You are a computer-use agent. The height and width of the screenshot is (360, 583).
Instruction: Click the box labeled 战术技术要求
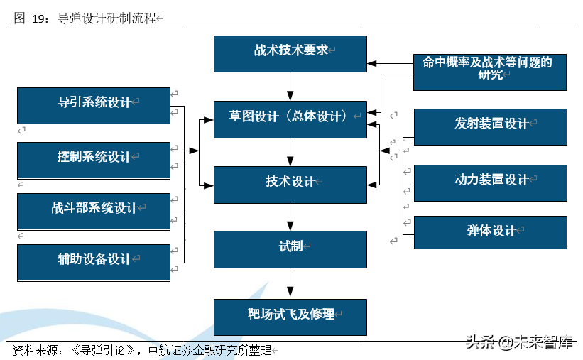click(290, 53)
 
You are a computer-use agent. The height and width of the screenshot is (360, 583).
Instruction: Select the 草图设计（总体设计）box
click(290, 119)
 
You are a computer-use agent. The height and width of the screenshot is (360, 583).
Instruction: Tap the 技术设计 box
click(290, 184)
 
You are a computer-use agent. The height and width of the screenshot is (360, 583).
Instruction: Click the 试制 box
click(290, 249)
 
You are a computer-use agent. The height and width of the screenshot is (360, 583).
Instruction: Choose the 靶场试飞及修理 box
click(290, 317)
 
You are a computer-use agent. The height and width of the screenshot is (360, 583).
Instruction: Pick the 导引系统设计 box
click(94, 105)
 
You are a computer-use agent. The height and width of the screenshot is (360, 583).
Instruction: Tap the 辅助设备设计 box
click(94, 262)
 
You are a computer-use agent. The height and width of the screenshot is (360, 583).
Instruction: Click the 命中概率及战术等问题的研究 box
click(489, 72)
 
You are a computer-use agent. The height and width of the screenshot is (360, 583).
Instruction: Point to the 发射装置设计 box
click(490, 126)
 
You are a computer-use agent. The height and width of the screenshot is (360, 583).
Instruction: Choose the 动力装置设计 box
click(490, 182)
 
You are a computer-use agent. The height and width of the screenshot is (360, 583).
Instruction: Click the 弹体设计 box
click(490, 232)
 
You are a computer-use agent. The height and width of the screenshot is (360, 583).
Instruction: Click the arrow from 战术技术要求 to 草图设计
click(290, 86)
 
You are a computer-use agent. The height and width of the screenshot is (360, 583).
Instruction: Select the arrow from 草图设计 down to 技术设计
click(290, 152)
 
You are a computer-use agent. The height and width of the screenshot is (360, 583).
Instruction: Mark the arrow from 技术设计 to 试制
click(290, 217)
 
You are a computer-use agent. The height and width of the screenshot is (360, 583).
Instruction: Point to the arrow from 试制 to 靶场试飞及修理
click(290, 283)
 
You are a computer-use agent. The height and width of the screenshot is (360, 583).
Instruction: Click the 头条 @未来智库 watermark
click(518, 343)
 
